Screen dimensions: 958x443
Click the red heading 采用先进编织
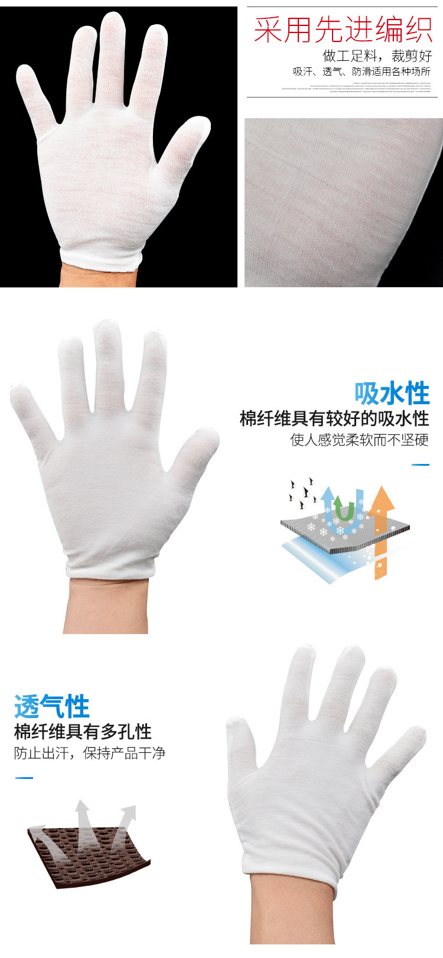(x=343, y=29)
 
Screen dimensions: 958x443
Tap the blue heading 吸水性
(x=392, y=393)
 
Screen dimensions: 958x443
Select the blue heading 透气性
(x=52, y=707)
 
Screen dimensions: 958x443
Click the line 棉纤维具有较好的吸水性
(x=334, y=418)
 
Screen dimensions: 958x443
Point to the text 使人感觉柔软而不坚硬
(x=359, y=440)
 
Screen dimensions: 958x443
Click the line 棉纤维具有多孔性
(x=83, y=732)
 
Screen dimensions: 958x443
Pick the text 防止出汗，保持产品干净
(x=90, y=753)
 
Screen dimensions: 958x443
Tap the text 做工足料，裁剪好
(x=377, y=56)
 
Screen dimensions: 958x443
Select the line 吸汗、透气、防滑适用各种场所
(x=362, y=72)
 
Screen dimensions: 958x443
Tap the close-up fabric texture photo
(x=343, y=202)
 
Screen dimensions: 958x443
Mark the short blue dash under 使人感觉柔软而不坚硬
(x=420, y=465)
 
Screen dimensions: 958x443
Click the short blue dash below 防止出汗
(x=24, y=778)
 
